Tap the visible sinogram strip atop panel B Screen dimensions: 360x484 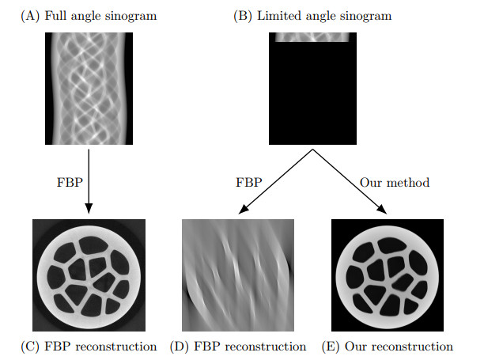coord(313,37)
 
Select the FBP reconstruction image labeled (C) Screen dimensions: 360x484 coord(88,275)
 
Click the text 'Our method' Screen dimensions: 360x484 coord(394,184)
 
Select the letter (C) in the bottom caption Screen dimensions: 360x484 coord(28,347)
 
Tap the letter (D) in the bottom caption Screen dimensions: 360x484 coord(178,347)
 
